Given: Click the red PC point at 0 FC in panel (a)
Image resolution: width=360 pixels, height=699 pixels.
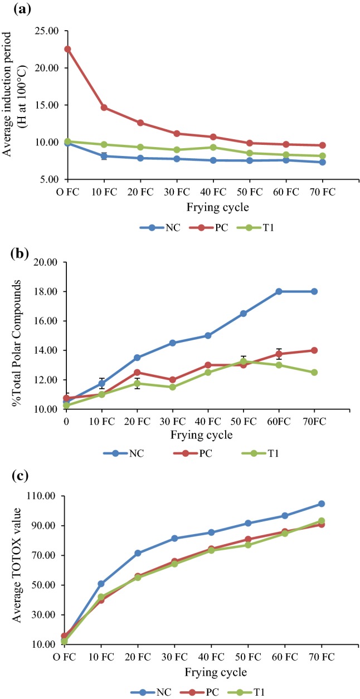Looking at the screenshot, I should point(67,49).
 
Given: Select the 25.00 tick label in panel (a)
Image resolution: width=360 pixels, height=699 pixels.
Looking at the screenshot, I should point(48,31).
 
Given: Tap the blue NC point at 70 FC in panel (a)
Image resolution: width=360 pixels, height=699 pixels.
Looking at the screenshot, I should point(315,162).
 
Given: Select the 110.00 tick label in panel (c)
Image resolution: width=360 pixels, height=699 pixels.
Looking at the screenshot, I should point(46,496).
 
